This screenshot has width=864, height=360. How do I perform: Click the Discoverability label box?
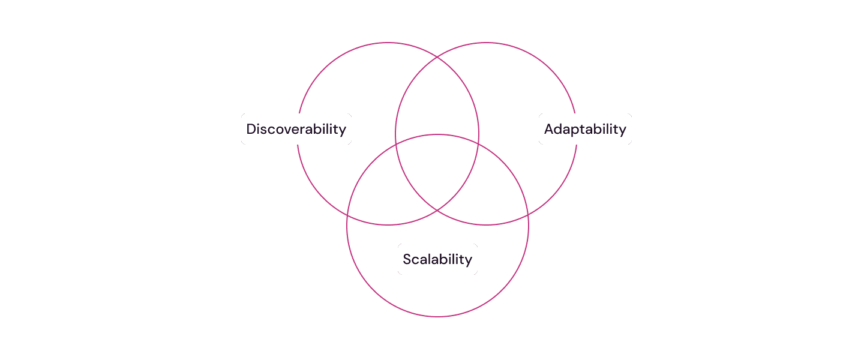[296, 129]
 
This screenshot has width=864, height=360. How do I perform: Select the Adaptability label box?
[585, 129]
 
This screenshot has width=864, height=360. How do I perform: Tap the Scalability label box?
[437, 259]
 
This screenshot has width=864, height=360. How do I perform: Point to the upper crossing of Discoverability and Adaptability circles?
[437, 57]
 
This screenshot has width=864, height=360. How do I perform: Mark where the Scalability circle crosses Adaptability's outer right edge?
[527, 215]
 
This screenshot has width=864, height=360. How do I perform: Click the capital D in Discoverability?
[251, 129]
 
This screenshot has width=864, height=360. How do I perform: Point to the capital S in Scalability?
[407, 259]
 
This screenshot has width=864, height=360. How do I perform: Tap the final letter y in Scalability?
[468, 261]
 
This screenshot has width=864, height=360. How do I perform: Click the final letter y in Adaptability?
[622, 131]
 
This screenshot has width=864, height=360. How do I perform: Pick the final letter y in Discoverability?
[342, 131]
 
